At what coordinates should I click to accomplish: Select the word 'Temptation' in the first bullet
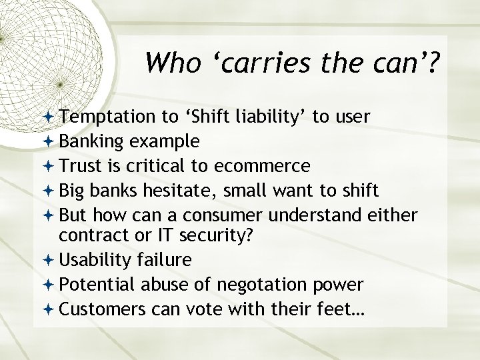(101, 118)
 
